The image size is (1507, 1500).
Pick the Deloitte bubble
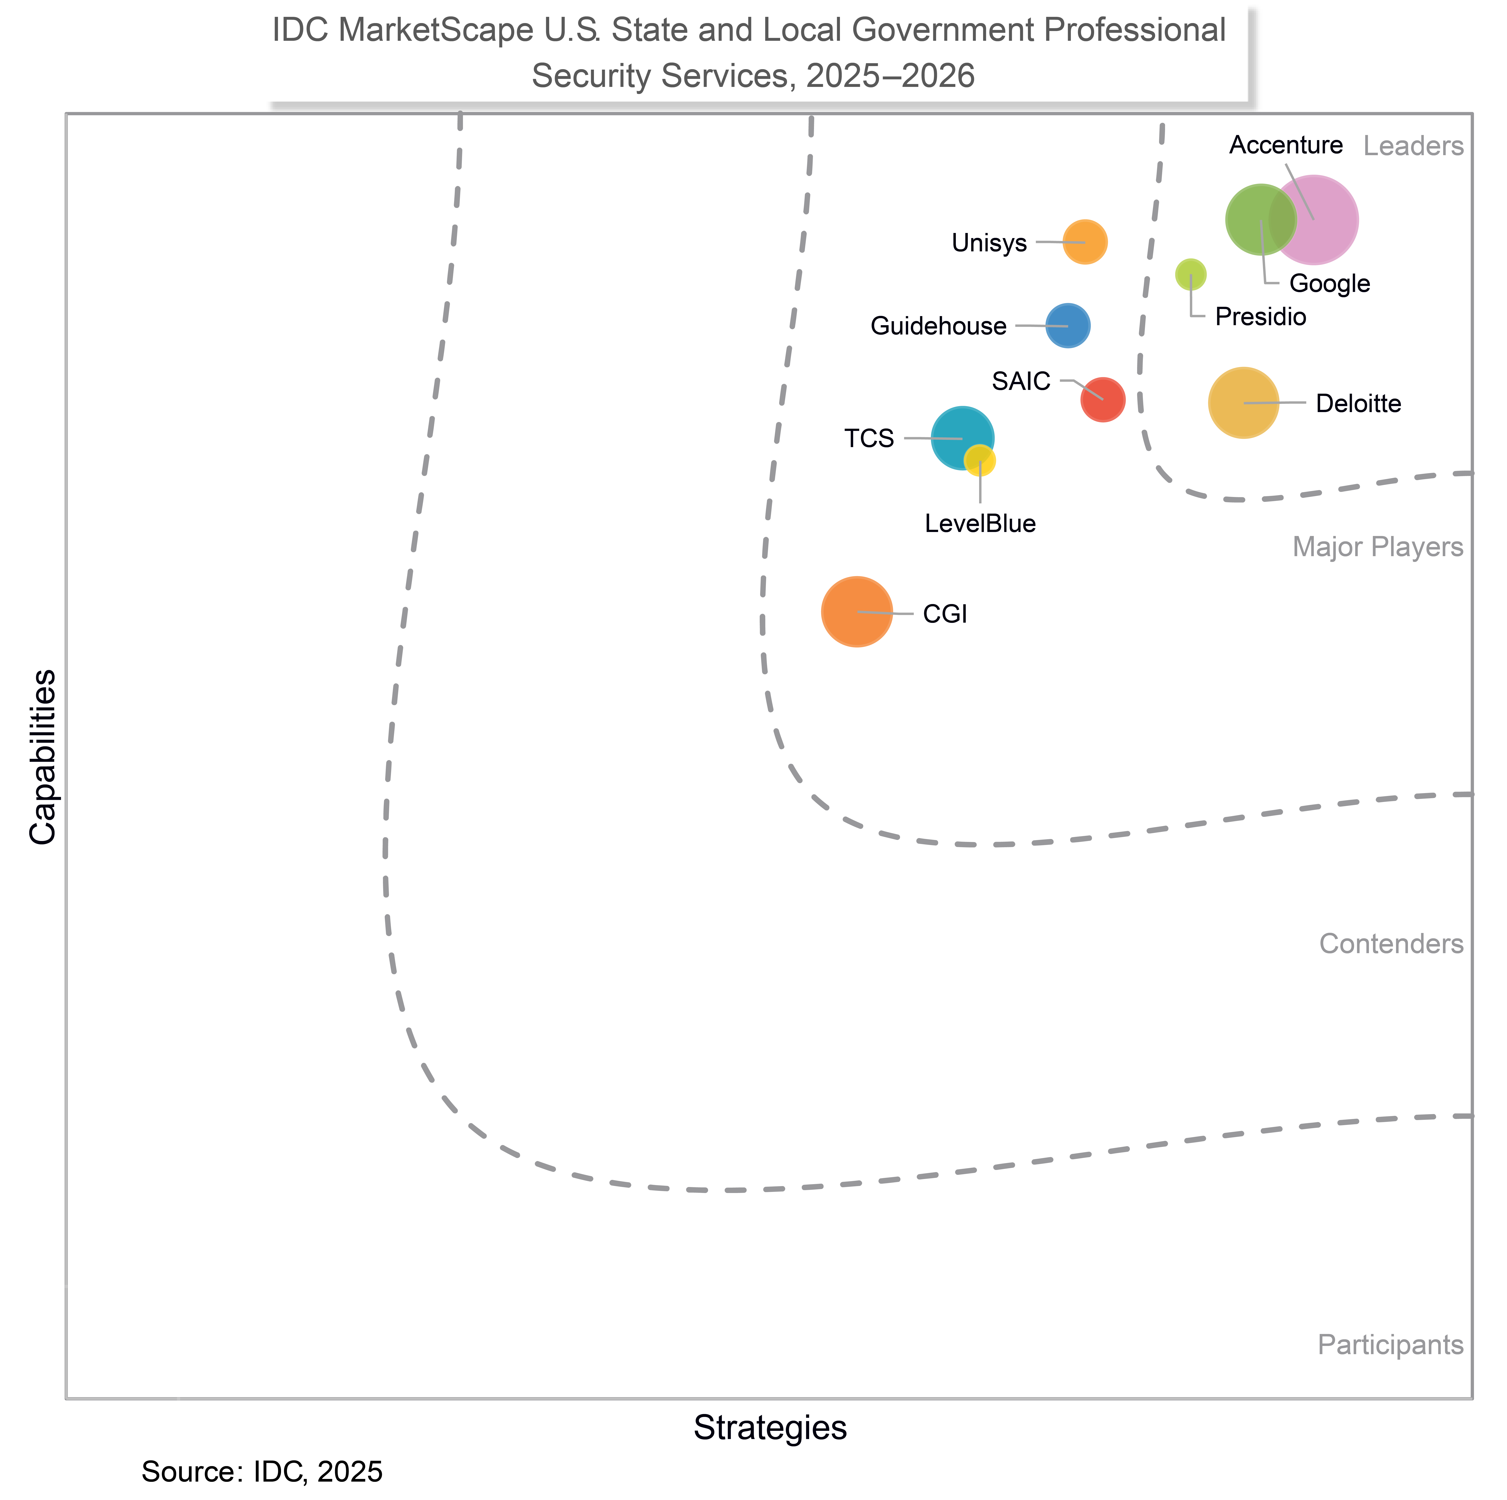[1243, 403]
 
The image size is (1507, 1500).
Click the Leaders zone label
[1413, 147]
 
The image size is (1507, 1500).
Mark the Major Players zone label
[1378, 548]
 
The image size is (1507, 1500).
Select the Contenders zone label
[1391, 944]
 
